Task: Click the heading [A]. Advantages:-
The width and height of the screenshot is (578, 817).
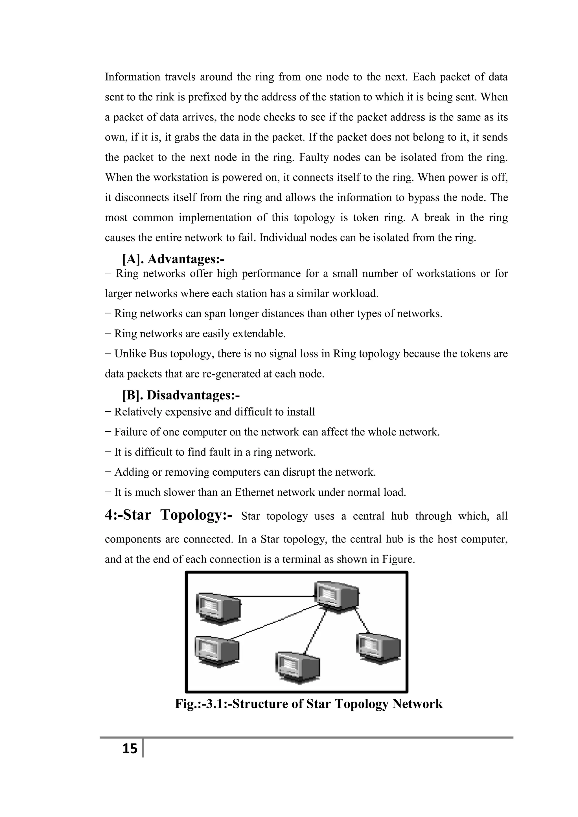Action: pos(173,259)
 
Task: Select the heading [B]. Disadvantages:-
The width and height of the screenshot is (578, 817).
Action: pos(181,395)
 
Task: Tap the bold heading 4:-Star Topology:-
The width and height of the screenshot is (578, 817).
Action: pos(169,515)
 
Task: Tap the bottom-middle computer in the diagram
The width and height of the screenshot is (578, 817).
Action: pos(297,666)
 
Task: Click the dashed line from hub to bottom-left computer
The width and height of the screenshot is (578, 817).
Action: pos(274,621)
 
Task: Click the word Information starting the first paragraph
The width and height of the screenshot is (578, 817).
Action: pos(132,77)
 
